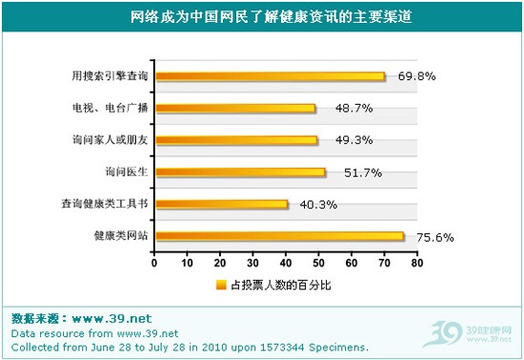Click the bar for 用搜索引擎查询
pos(270,76)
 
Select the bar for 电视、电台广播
pos(234,109)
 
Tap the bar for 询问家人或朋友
pos(236,140)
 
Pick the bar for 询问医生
pos(240,172)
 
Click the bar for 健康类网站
pos(279,236)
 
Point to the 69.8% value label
pos(417,76)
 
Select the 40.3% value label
pos(319,204)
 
